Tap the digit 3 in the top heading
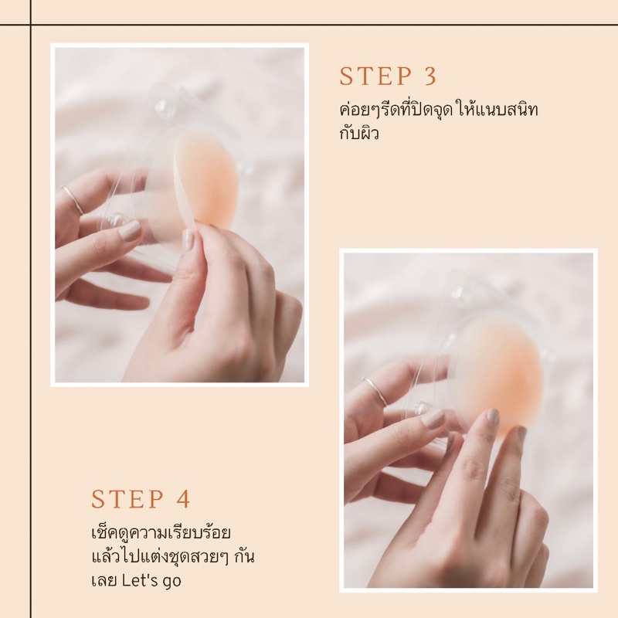coord(431,76)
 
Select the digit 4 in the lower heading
coord(183,499)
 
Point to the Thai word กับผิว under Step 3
coord(358,134)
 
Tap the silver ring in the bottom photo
coord(375,391)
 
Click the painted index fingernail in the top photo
coord(131,230)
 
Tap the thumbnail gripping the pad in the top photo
coord(188,240)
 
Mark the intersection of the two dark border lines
coord(31,25)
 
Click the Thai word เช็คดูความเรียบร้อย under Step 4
coord(161,533)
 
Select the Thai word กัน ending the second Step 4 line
coord(244,557)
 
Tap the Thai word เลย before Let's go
coord(104,581)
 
